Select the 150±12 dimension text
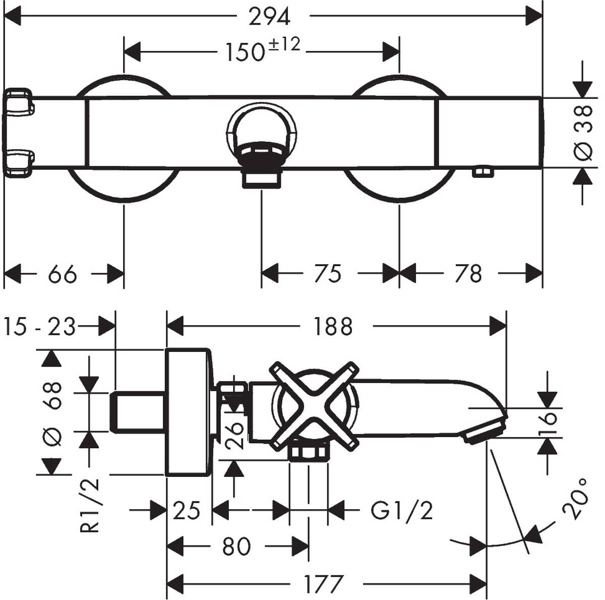click(x=262, y=50)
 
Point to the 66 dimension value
click(x=63, y=274)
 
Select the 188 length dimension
click(x=332, y=327)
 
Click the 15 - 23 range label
click(x=39, y=327)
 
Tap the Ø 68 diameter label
click(x=53, y=413)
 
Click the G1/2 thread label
click(x=402, y=511)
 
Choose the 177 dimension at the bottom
click(x=323, y=584)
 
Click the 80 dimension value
click(x=236, y=546)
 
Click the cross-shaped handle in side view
click(x=315, y=405)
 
